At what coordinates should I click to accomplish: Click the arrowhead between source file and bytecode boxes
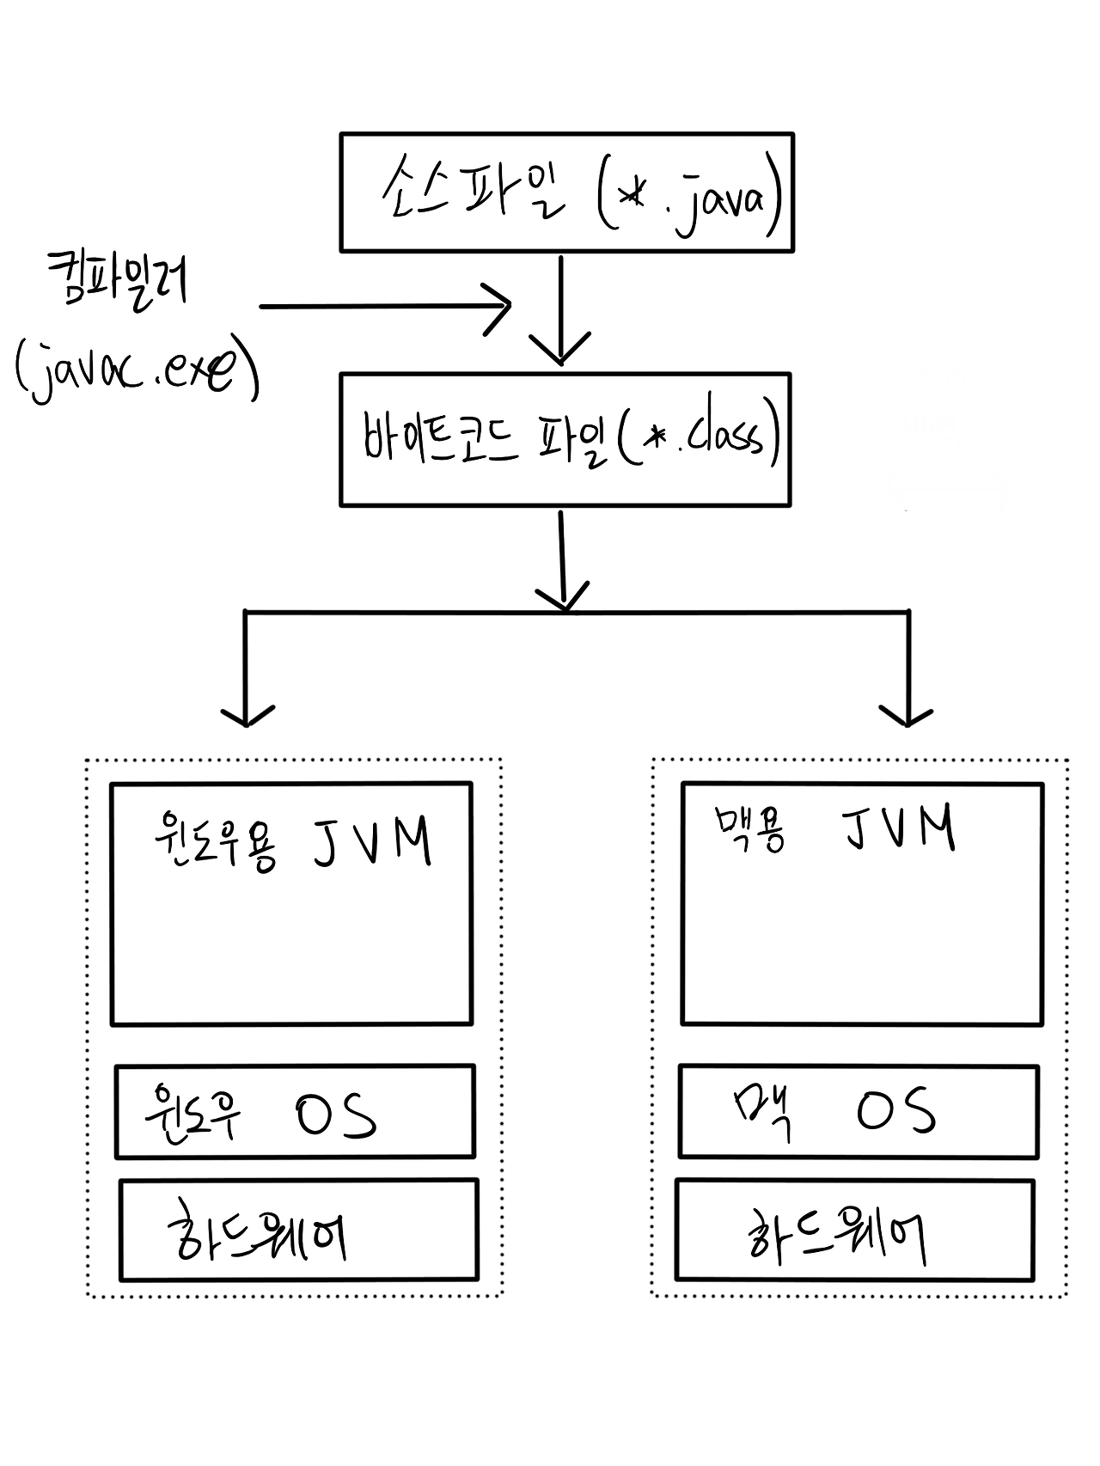(560, 348)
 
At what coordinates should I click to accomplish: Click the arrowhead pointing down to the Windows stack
(247, 714)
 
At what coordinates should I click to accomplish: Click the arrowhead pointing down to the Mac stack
(907, 714)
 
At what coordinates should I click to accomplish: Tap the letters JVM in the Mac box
(898, 828)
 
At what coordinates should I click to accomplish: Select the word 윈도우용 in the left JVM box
(215, 843)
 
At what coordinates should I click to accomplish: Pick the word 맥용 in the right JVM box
(749, 830)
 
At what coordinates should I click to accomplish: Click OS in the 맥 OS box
(895, 1110)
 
